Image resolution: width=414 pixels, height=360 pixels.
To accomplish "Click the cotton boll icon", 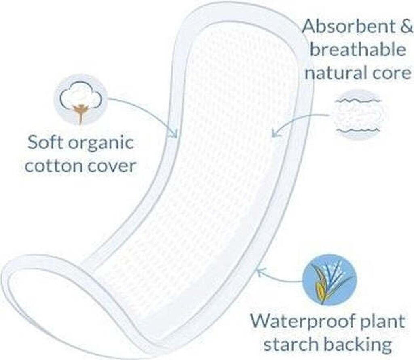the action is [x=80, y=100].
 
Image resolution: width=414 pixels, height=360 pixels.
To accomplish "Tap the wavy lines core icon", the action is [x=357, y=115].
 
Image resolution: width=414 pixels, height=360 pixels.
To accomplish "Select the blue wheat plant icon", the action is [x=330, y=280].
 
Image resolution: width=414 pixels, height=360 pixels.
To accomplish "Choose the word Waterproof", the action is [x=304, y=322].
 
